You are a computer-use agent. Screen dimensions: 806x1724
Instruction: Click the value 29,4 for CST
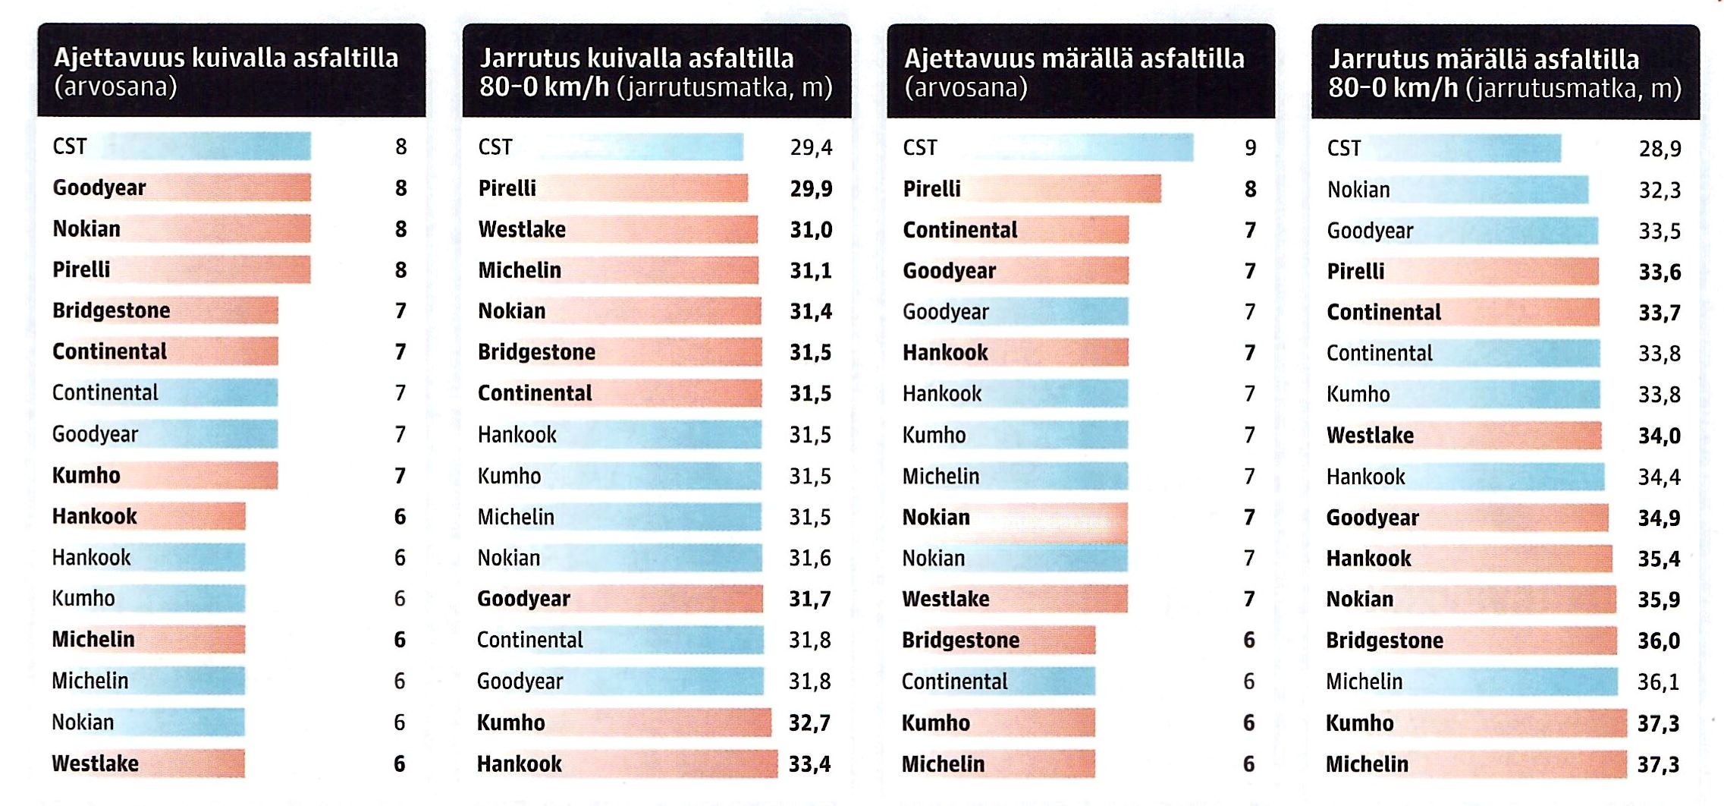point(811,147)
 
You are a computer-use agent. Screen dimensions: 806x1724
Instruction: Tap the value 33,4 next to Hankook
point(809,763)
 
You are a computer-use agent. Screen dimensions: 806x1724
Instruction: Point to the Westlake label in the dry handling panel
point(95,763)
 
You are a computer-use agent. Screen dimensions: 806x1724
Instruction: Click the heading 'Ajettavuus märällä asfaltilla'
point(1074,58)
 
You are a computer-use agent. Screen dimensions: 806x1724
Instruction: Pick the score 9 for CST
point(1250,147)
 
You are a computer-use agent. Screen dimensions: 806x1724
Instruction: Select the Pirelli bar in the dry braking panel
point(645,188)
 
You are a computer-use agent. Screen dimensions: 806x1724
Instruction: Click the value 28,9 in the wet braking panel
point(1660,149)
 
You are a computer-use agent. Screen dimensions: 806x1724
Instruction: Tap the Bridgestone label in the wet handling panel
point(960,641)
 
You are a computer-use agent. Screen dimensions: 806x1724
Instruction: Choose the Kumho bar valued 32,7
point(660,723)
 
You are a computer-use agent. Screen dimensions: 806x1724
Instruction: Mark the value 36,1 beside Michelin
point(1658,682)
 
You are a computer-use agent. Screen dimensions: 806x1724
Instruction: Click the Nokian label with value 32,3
point(1358,190)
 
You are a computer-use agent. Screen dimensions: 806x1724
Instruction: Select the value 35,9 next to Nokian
point(1659,600)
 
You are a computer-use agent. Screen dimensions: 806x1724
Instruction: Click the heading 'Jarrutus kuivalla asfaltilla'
point(636,58)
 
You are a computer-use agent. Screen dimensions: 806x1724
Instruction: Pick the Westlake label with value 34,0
point(1370,436)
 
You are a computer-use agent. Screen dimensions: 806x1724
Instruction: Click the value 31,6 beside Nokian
point(809,559)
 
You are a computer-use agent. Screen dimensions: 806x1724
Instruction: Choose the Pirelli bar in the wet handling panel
point(1062,189)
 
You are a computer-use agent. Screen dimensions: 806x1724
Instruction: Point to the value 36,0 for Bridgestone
point(1659,641)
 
